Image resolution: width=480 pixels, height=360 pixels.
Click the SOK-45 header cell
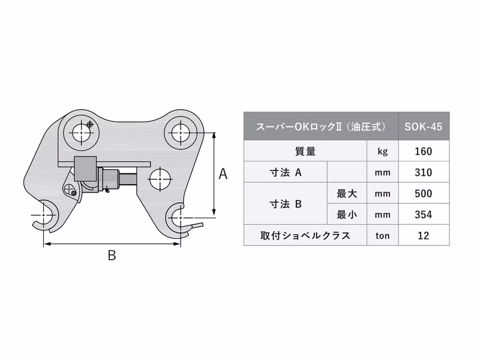coord(424,127)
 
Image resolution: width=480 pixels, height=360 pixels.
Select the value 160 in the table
coord(424,151)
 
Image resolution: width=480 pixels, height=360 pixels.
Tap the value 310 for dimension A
coord(424,173)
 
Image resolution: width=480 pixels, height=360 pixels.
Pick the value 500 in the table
coord(424,194)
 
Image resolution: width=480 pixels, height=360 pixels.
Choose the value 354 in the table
coord(424,214)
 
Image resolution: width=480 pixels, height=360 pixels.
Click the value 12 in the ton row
coord(424,235)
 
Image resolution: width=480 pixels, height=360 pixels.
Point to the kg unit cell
coord(382,151)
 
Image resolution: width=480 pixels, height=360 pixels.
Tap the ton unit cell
coord(382,235)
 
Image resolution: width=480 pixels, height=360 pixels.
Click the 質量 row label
coord(305,151)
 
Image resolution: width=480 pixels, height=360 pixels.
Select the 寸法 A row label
coord(285,173)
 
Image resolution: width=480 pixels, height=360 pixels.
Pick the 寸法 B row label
coord(285,204)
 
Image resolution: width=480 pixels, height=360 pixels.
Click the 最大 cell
coord(347,194)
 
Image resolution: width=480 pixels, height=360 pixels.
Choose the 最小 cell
coord(347,214)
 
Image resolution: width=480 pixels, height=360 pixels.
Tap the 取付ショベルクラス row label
coord(305,235)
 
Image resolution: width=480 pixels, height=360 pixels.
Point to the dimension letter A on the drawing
coord(223,174)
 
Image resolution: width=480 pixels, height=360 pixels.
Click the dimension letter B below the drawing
coord(111,256)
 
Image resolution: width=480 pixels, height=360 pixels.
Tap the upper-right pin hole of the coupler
coord(181,133)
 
